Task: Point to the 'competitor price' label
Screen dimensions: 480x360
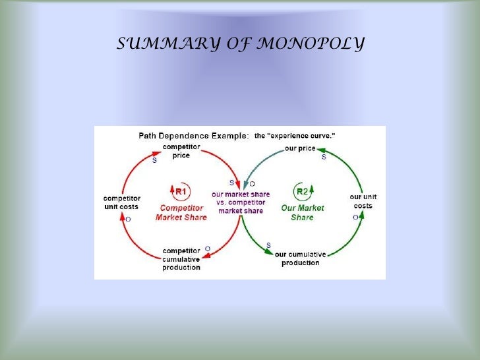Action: (182, 150)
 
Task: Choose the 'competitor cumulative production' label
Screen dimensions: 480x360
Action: (182, 258)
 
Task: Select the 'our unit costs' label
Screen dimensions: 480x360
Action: (363, 201)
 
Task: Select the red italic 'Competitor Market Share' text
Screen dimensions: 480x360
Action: (181, 213)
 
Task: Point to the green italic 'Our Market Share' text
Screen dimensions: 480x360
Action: (302, 212)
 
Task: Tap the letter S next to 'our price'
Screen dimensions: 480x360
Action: (323, 158)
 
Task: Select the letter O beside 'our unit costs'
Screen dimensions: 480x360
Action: (355, 216)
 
